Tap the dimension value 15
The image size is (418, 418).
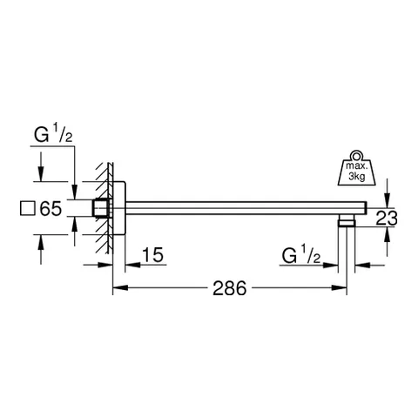[x=153, y=255]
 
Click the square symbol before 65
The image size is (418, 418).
[x=28, y=209]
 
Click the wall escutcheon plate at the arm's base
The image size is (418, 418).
[x=121, y=207]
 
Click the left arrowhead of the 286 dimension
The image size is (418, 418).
[x=118, y=287]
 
